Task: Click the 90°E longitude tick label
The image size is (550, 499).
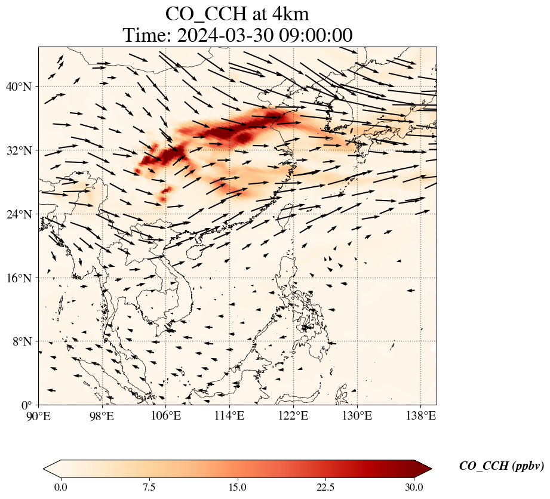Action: click(39, 415)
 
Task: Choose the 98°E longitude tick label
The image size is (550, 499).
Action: click(102, 415)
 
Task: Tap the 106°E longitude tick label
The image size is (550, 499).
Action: click(165, 415)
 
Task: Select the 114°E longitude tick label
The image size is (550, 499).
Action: click(229, 415)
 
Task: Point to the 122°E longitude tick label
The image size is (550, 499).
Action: click(293, 415)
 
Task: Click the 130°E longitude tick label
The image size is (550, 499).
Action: click(357, 415)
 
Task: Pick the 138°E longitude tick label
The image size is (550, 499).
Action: click(420, 415)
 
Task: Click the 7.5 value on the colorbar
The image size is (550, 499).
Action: click(149, 487)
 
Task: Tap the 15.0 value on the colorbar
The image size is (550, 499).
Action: click(237, 487)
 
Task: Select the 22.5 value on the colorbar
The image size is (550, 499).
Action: click(325, 487)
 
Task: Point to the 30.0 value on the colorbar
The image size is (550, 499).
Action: click(414, 487)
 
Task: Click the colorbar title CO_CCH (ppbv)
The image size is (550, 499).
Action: click(501, 466)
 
